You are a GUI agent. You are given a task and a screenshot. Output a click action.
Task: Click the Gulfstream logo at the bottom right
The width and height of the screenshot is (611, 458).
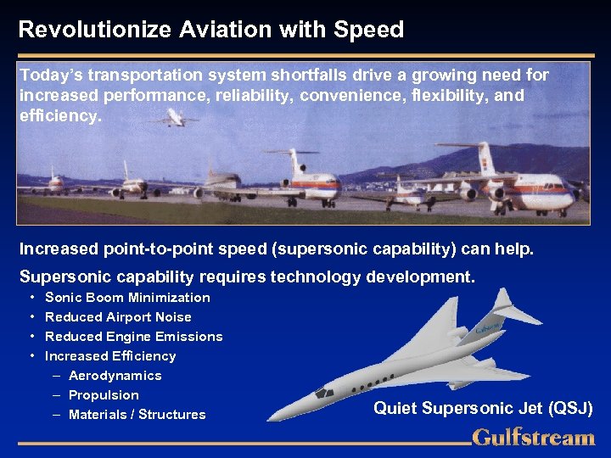(x=533, y=438)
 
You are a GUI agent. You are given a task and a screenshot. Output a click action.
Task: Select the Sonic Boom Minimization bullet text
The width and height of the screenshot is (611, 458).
(x=127, y=298)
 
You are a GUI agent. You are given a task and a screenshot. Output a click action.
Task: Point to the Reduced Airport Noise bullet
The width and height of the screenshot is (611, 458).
(x=118, y=317)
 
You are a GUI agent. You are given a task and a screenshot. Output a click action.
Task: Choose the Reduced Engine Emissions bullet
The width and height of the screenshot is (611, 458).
(x=133, y=337)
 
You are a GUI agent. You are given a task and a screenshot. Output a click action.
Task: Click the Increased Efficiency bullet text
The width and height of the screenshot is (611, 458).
(x=110, y=356)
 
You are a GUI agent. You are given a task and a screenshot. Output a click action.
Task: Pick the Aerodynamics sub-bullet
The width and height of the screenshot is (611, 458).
(x=115, y=376)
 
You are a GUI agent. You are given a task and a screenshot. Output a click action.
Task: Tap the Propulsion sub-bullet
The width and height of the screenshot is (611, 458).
(x=104, y=395)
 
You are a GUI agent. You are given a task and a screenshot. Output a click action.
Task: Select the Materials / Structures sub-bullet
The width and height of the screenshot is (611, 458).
(x=137, y=415)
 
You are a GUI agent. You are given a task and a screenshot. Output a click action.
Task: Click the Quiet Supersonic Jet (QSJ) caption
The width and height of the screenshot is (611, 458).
(x=483, y=409)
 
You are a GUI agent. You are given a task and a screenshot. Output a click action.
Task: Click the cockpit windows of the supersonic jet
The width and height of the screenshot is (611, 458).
(x=324, y=393)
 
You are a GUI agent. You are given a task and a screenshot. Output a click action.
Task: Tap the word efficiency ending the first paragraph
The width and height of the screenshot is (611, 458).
(x=58, y=116)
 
